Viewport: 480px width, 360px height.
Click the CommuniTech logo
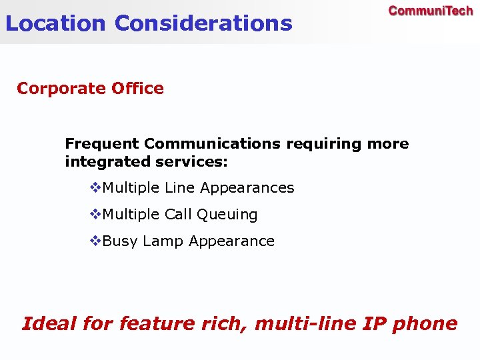[431, 11]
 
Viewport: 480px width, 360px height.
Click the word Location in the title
[55, 23]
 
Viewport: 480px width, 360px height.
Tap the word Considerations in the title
[203, 23]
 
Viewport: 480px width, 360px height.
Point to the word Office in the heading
[139, 89]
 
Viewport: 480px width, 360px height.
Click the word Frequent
[102, 144]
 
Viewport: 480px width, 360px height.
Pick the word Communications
[212, 144]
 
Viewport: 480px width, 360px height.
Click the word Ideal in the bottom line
[49, 324]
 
